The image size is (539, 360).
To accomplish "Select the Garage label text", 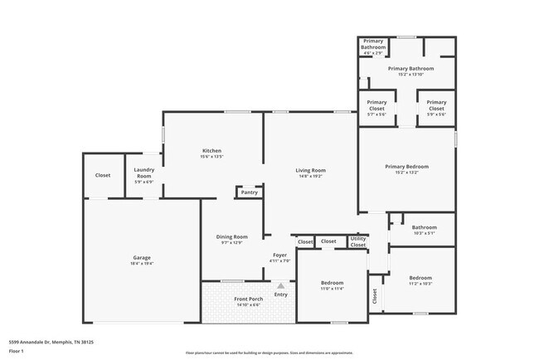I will pos(142,260).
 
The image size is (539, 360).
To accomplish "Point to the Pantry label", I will pos(249,192).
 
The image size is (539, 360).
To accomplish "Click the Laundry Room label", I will pos(144,174).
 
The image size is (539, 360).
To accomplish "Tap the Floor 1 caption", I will pos(17,351).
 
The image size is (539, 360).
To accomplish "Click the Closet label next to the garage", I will pos(103,176).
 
